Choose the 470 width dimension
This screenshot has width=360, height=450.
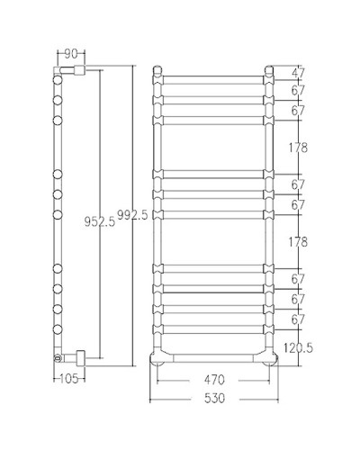(214, 379)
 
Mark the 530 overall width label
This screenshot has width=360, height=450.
(214, 397)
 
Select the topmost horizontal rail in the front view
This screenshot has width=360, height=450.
(214, 74)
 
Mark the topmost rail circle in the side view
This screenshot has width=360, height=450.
(58, 80)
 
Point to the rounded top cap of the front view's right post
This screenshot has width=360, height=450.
(269, 67)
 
